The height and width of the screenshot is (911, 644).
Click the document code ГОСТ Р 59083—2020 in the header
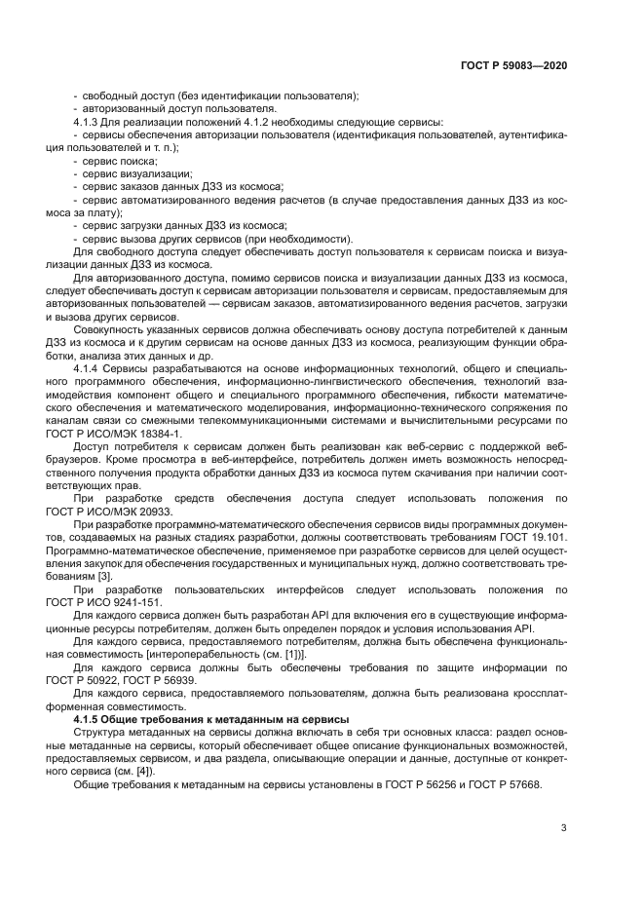coord(512,65)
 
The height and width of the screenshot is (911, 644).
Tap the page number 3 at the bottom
coord(563,829)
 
